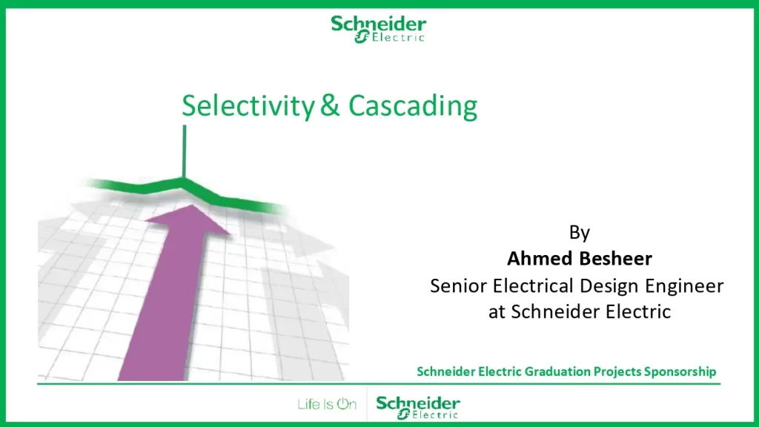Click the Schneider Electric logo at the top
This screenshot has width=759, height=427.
379,29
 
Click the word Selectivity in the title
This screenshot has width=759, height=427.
248,106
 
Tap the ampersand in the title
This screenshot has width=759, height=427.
330,105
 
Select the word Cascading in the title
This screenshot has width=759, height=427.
413,106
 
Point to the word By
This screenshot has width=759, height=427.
580,233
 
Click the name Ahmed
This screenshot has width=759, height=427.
538,259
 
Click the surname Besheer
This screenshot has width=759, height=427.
613,259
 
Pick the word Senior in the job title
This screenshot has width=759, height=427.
458,285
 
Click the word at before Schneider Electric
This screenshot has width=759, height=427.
497,312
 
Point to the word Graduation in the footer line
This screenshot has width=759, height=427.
557,371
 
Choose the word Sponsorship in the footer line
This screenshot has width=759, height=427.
680,371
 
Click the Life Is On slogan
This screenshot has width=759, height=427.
327,404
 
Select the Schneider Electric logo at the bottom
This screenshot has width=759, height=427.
418,407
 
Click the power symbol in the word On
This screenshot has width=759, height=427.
343,404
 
